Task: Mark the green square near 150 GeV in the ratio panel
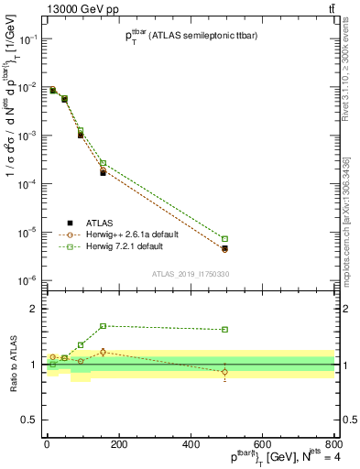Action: [103, 326]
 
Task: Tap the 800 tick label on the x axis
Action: [333, 443]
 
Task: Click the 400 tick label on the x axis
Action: [190, 443]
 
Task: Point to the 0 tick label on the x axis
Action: [47, 443]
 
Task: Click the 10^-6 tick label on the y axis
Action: [28, 280]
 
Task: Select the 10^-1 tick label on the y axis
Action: [28, 39]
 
